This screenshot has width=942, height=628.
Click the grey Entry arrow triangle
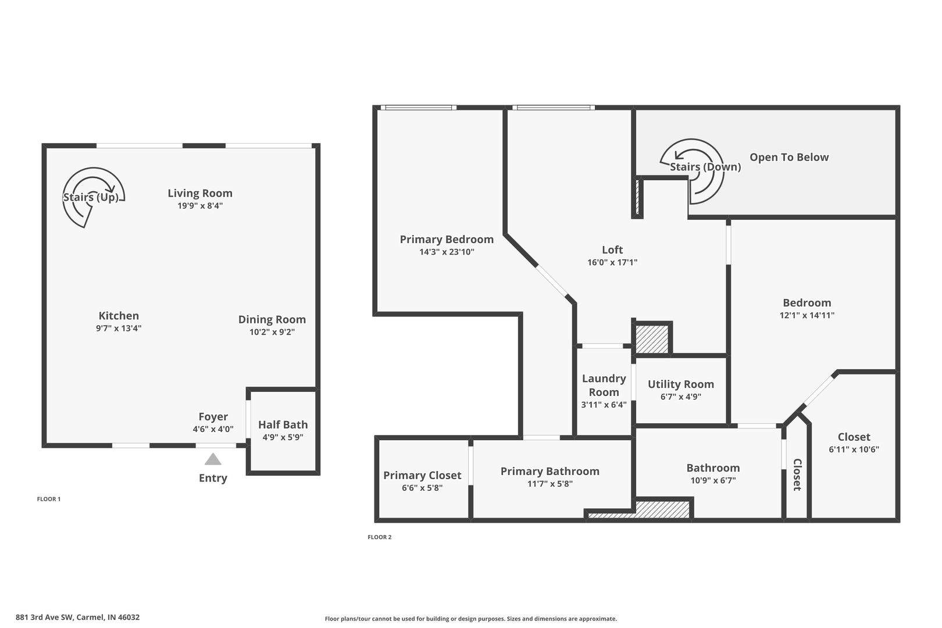tap(213, 459)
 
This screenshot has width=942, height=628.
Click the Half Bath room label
tap(283, 424)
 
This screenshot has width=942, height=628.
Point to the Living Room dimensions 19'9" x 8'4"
tap(200, 206)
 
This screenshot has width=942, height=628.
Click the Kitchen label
tap(119, 316)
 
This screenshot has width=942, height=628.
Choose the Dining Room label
tap(272, 320)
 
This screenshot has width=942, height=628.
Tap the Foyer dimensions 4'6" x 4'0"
tap(213, 429)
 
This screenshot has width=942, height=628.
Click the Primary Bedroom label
tap(447, 240)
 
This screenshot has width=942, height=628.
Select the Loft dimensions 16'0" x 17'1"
tap(612, 262)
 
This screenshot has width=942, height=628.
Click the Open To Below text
tap(789, 158)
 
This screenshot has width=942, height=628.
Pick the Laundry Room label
tap(604, 386)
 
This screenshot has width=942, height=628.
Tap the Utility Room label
tap(681, 384)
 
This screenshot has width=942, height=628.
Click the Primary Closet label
tap(422, 475)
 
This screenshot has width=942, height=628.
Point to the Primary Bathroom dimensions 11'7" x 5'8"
tap(550, 484)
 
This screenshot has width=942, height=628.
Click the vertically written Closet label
tap(797, 474)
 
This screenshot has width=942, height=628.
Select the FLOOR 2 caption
tap(379, 537)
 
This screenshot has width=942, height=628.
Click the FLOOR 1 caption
tap(49, 499)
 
